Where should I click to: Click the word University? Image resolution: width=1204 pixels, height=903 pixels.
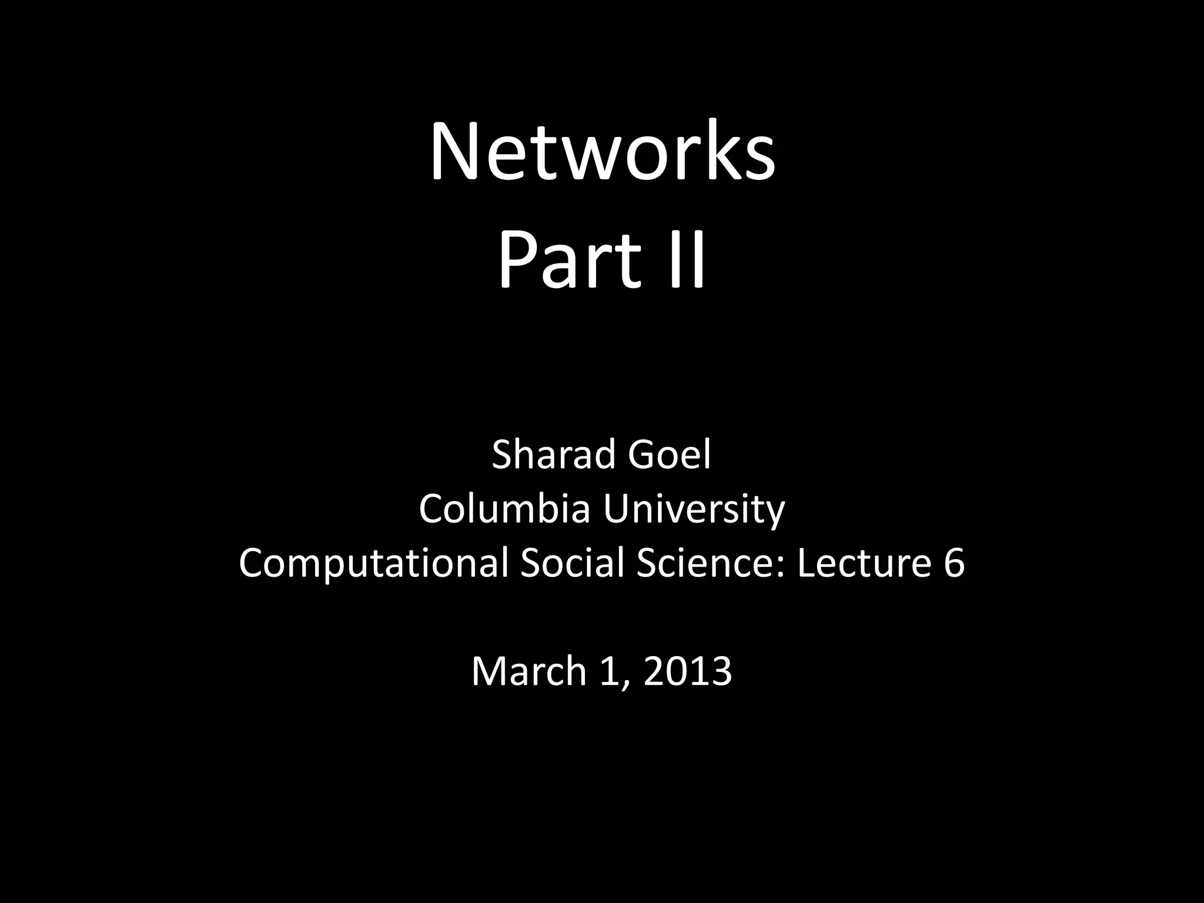click(694, 510)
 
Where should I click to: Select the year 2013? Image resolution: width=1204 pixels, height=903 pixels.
click(688, 671)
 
